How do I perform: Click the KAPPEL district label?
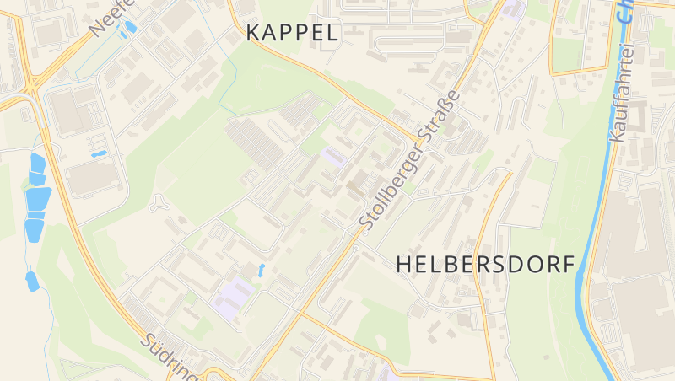(x=292, y=33)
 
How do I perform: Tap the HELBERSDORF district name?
(x=485, y=263)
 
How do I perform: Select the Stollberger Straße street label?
(x=409, y=160)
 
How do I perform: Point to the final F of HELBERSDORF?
(x=568, y=263)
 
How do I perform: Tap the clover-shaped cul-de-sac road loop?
(x=158, y=202)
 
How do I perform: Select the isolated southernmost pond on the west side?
(x=32, y=281)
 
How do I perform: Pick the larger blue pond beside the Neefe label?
(x=130, y=27)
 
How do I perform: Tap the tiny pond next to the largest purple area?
(x=261, y=270)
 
